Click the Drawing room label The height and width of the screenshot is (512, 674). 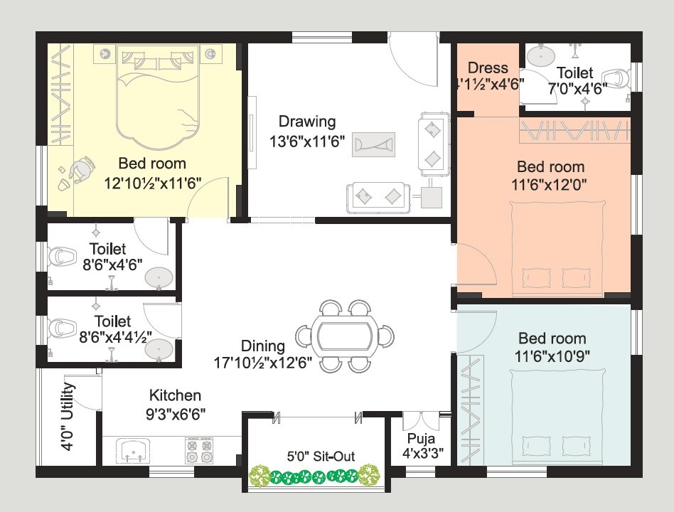(x=307, y=122)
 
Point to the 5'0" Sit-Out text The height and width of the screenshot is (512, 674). (x=311, y=457)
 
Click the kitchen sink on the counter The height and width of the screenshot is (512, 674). (x=134, y=450)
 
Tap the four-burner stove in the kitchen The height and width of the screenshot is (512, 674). (x=199, y=450)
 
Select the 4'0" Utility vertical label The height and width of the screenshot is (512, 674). (x=68, y=417)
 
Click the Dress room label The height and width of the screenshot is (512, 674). (x=488, y=68)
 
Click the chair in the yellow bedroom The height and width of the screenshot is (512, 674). (x=82, y=169)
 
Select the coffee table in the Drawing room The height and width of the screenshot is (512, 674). (x=373, y=144)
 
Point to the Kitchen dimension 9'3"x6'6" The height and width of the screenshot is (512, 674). (x=174, y=412)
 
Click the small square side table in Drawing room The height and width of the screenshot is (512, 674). (x=432, y=196)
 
